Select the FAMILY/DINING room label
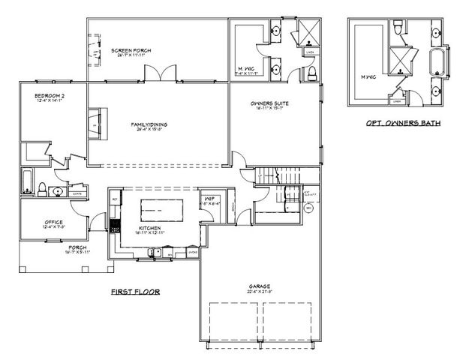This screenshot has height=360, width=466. [x=149, y=124]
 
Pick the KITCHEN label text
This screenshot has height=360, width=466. [x=150, y=228]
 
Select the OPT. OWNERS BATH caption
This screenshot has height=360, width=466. [x=403, y=123]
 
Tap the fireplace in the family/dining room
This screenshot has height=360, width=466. [x=93, y=121]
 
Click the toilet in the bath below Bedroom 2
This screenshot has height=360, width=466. [x=43, y=189]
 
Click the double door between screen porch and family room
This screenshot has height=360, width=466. [x=161, y=74]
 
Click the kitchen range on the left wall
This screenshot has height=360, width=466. [x=115, y=223]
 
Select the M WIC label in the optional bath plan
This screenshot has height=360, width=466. [x=367, y=76]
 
